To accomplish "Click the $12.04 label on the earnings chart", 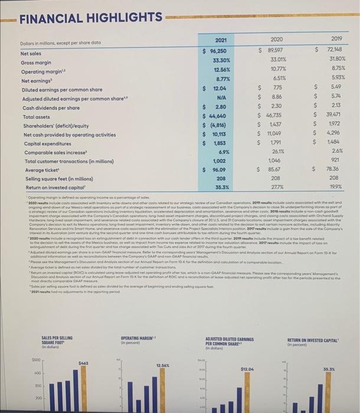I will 247,369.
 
